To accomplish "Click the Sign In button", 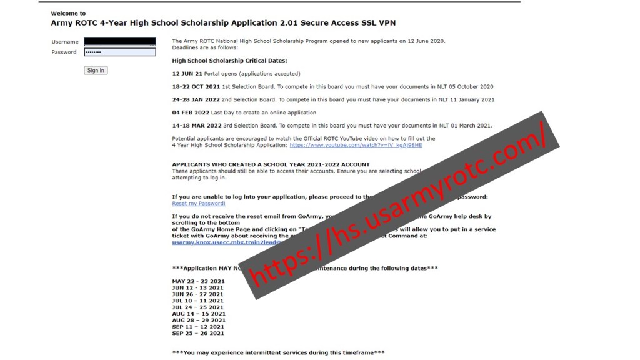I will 96,71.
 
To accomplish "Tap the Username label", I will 65,42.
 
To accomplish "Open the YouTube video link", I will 356,145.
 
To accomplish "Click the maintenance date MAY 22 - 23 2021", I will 198,281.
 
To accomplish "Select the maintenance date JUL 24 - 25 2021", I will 197,307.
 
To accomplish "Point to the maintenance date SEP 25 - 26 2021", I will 197,333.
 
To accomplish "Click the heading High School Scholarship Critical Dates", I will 229,61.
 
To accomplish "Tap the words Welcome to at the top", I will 68,13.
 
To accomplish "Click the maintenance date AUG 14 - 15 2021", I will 197,314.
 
